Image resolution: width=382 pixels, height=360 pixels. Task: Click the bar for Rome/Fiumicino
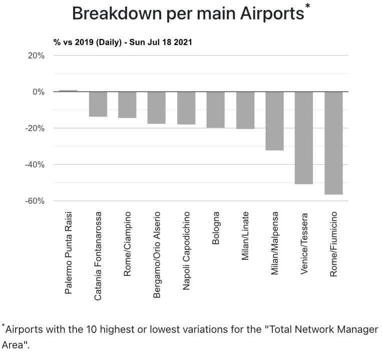click(333, 143)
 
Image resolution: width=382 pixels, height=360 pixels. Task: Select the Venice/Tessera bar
click(304, 138)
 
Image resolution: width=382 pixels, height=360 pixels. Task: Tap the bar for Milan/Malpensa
click(274, 121)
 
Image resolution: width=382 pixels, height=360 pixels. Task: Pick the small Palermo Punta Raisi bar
click(68, 91)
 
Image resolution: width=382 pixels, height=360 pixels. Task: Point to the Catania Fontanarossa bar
click(98, 104)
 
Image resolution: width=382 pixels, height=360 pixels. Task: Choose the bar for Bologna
click(215, 110)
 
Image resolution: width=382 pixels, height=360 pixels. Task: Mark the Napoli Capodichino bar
click(186, 108)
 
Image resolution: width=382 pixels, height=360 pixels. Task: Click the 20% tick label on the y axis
click(36, 56)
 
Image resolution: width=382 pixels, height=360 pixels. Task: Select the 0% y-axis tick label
click(38, 92)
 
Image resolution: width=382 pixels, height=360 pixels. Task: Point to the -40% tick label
click(35, 164)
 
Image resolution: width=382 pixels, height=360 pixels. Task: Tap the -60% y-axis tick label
click(35, 201)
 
